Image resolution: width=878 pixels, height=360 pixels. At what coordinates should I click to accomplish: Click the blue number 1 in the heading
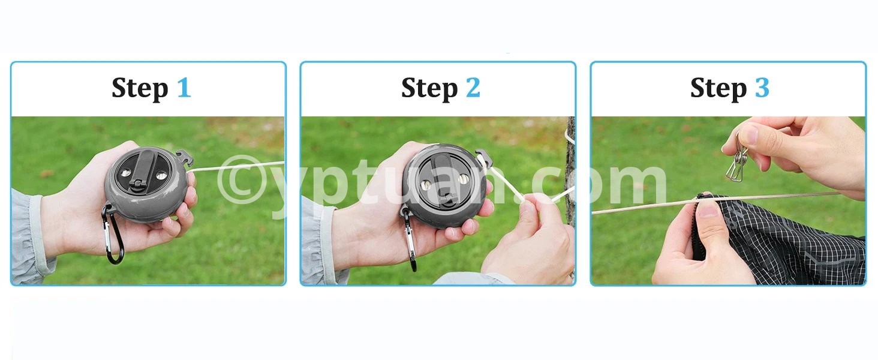(x=184, y=88)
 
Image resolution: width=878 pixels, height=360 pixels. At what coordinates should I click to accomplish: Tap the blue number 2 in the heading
(x=473, y=88)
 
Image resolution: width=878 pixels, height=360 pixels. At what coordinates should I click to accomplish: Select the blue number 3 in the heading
(x=762, y=88)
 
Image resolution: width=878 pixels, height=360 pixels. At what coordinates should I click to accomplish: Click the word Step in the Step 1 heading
(x=140, y=89)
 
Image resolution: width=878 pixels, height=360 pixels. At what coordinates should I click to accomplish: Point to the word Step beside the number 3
(x=718, y=89)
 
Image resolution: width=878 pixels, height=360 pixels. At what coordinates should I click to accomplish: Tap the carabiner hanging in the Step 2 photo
(x=409, y=239)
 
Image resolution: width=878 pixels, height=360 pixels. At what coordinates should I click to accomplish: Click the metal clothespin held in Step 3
(x=736, y=159)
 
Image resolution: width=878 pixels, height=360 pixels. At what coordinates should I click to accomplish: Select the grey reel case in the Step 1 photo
(x=145, y=185)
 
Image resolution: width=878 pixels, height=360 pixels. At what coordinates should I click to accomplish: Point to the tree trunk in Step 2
(x=570, y=196)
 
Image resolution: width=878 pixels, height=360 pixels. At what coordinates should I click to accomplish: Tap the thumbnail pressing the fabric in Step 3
(x=708, y=210)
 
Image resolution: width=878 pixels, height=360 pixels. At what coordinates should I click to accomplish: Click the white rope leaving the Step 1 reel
(x=236, y=167)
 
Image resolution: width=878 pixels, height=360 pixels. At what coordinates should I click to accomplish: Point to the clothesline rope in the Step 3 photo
(x=717, y=203)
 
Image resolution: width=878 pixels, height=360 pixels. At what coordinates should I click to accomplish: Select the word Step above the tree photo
(x=429, y=89)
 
